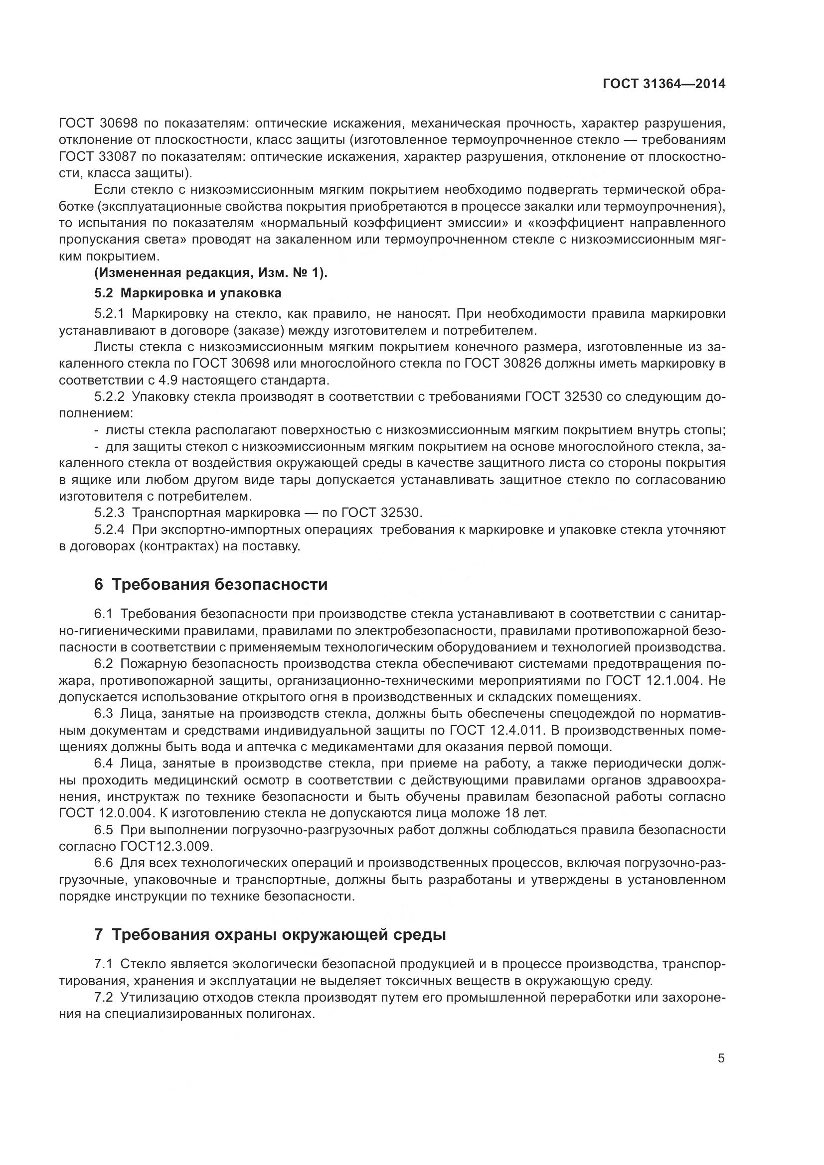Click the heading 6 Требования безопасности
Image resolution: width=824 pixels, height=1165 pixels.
tap(211, 585)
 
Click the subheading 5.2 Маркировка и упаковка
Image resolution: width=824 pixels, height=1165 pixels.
tap(188, 293)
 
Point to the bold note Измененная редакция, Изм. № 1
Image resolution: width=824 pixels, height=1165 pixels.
tap(211, 273)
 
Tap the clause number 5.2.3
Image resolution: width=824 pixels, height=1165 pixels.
tap(109, 513)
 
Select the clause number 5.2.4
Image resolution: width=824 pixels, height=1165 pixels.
tap(109, 530)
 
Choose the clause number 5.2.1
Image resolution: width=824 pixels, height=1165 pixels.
tap(109, 314)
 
